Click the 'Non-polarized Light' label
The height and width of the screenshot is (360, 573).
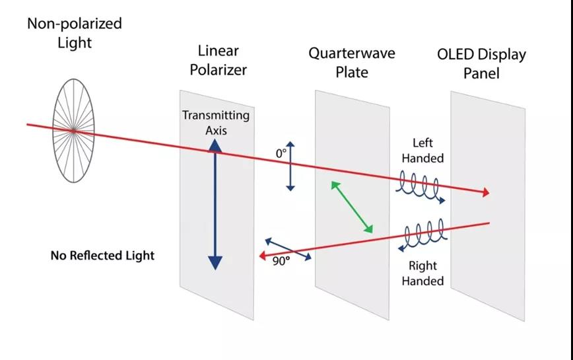tap(74, 32)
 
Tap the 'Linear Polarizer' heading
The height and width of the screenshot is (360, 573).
tap(218, 59)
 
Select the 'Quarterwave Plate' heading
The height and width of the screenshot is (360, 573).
tap(351, 62)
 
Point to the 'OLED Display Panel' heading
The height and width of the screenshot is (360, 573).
tap(481, 63)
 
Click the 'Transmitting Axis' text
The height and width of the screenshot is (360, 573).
tap(216, 123)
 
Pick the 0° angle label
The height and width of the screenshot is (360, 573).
tap(281, 153)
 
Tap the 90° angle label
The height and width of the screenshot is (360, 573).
tap(281, 260)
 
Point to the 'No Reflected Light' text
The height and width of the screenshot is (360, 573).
tap(102, 255)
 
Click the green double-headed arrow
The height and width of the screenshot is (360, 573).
tap(352, 207)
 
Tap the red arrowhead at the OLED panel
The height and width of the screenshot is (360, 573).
tap(486, 192)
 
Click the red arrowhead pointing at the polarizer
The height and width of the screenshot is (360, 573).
tap(262, 255)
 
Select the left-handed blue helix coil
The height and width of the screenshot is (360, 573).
tap(421, 189)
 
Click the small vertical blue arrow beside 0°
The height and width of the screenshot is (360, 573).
tap(290, 165)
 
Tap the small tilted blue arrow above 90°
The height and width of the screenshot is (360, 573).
tap(288, 249)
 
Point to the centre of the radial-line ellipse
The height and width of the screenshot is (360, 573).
tap(73, 131)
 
